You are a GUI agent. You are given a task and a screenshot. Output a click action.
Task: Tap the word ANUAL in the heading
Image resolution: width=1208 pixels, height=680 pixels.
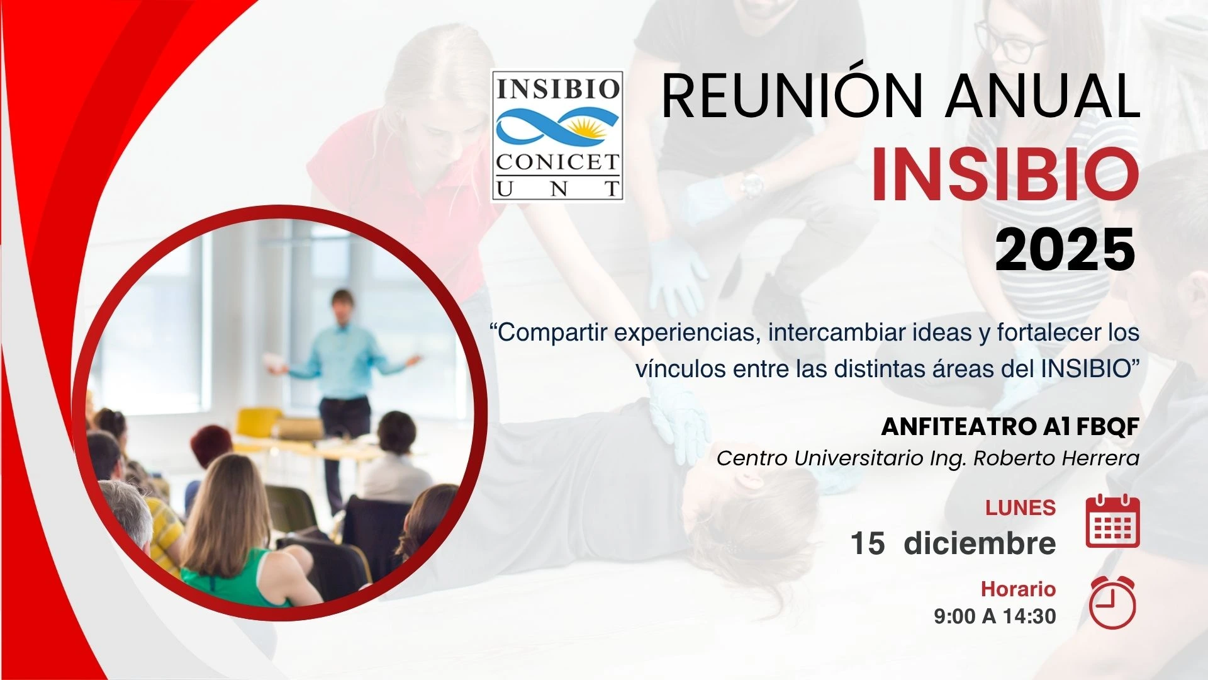coord(1044,96)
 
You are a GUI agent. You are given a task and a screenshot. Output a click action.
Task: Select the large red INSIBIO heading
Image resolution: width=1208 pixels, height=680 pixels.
coord(1005,174)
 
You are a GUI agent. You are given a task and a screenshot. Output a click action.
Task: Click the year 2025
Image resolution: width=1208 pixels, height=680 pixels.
coord(1065,250)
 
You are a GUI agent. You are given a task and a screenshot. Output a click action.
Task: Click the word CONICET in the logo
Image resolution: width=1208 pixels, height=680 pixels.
coord(557,162)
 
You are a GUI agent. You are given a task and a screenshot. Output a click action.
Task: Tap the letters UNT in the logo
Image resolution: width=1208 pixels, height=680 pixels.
coord(557,188)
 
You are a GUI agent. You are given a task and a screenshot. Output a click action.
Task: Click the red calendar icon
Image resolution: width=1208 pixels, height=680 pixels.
coord(1112,521)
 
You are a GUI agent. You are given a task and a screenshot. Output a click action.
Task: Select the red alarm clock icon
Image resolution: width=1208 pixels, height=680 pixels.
coord(1112,603)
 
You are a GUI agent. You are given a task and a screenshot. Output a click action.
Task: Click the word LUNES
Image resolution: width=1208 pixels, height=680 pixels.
coord(1021,507)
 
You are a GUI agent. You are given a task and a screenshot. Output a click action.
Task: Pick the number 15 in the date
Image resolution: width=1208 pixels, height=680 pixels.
coord(868,543)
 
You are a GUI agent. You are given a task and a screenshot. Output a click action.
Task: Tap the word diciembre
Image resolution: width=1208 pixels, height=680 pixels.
coord(980,543)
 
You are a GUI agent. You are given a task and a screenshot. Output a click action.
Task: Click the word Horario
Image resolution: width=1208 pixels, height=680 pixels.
coord(1019,589)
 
